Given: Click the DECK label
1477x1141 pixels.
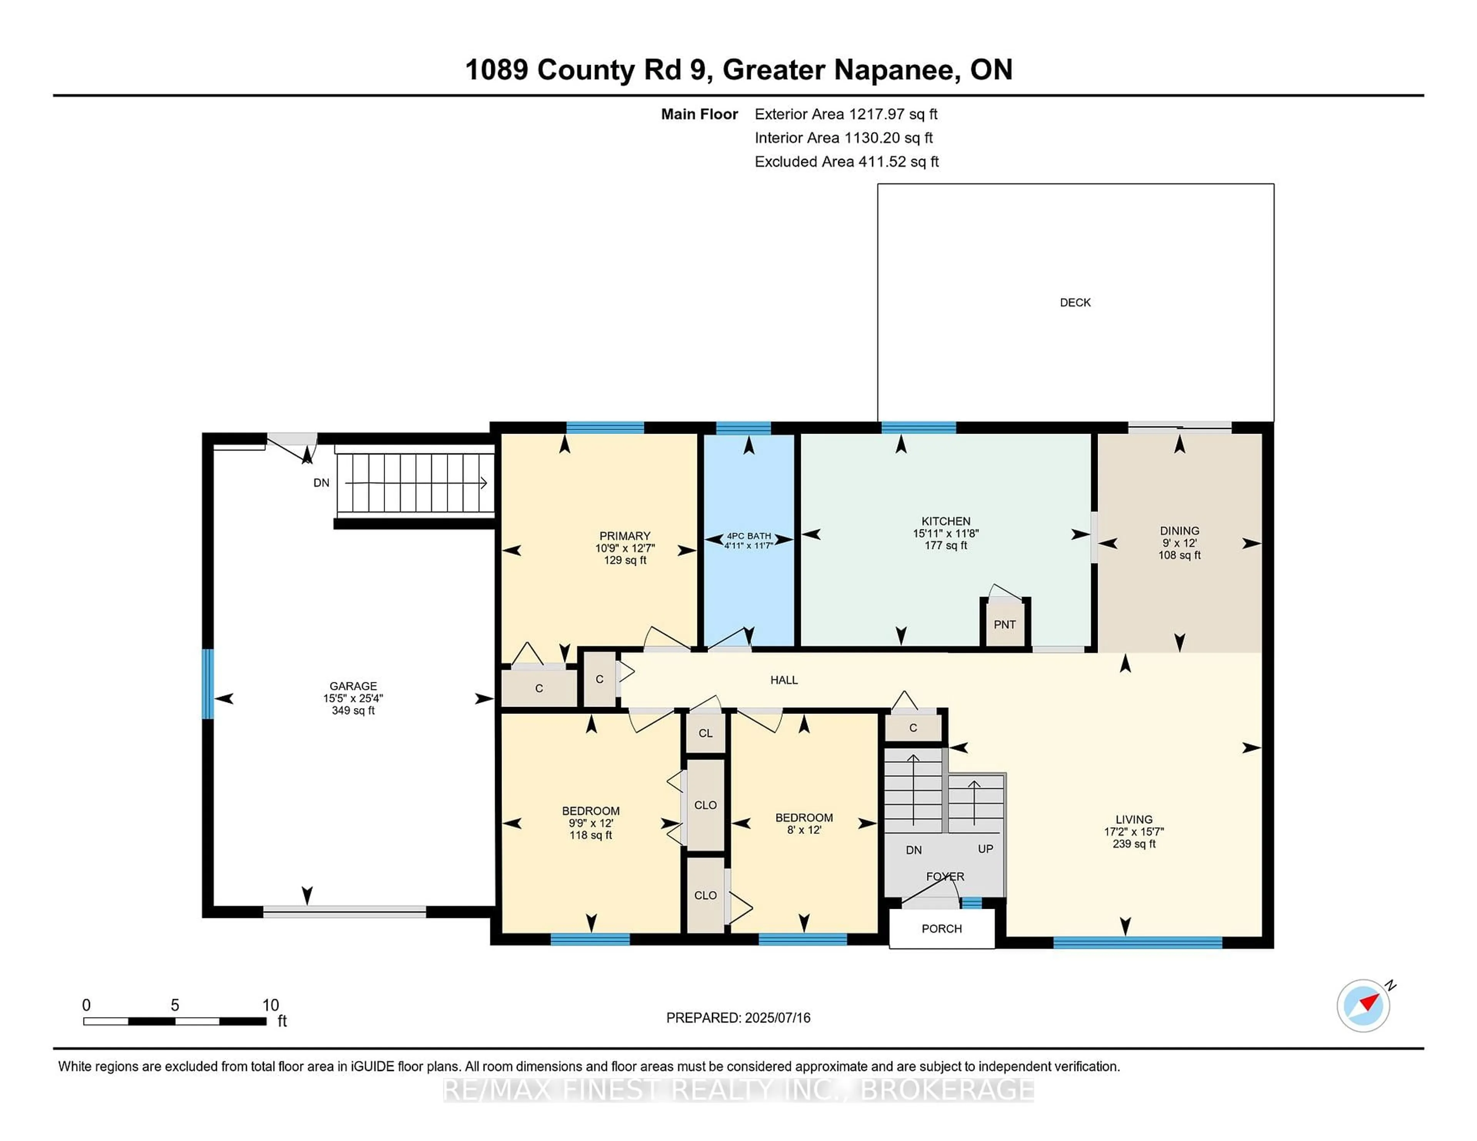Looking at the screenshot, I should (1075, 302).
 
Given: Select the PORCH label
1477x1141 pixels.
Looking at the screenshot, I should (941, 928).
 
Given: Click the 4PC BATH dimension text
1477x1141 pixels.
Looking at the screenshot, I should (748, 545).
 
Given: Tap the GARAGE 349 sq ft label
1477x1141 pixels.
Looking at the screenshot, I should (353, 698).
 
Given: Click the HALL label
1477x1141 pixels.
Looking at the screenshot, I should (784, 679).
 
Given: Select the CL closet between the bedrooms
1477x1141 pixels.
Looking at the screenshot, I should (705, 733).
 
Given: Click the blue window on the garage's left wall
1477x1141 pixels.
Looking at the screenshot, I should (208, 684).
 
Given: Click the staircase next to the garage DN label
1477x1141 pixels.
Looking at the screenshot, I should (415, 482).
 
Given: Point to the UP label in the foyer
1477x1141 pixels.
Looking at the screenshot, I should (985, 848).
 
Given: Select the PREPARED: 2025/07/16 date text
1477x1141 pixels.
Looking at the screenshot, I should (738, 1017).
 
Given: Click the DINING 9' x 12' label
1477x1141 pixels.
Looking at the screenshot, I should (1179, 543).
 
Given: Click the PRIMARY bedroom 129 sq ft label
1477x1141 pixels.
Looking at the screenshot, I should (625, 547).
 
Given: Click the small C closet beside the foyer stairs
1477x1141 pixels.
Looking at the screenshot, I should (913, 727).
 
